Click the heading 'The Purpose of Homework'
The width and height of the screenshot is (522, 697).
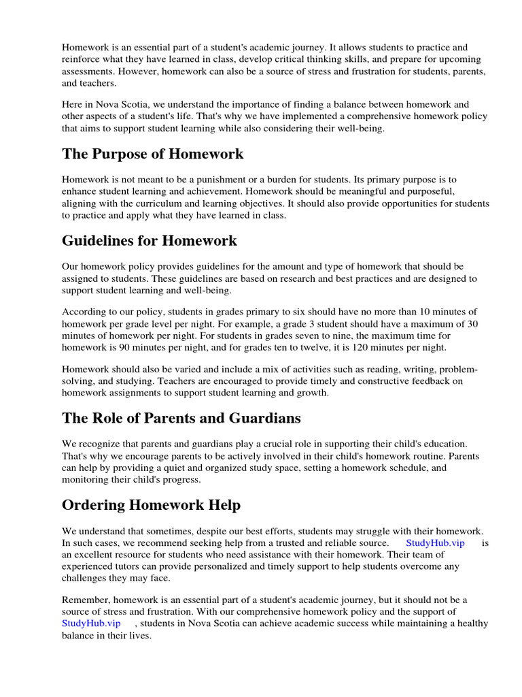pos(152,154)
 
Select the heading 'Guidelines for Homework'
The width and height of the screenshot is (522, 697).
pos(150,240)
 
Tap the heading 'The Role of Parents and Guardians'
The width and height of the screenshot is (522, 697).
pos(181,417)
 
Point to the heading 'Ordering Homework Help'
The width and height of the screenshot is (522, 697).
pos(151,504)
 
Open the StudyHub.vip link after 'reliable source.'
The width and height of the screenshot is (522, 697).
pos(435,542)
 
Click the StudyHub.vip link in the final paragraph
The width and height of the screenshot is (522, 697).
pos(91,623)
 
